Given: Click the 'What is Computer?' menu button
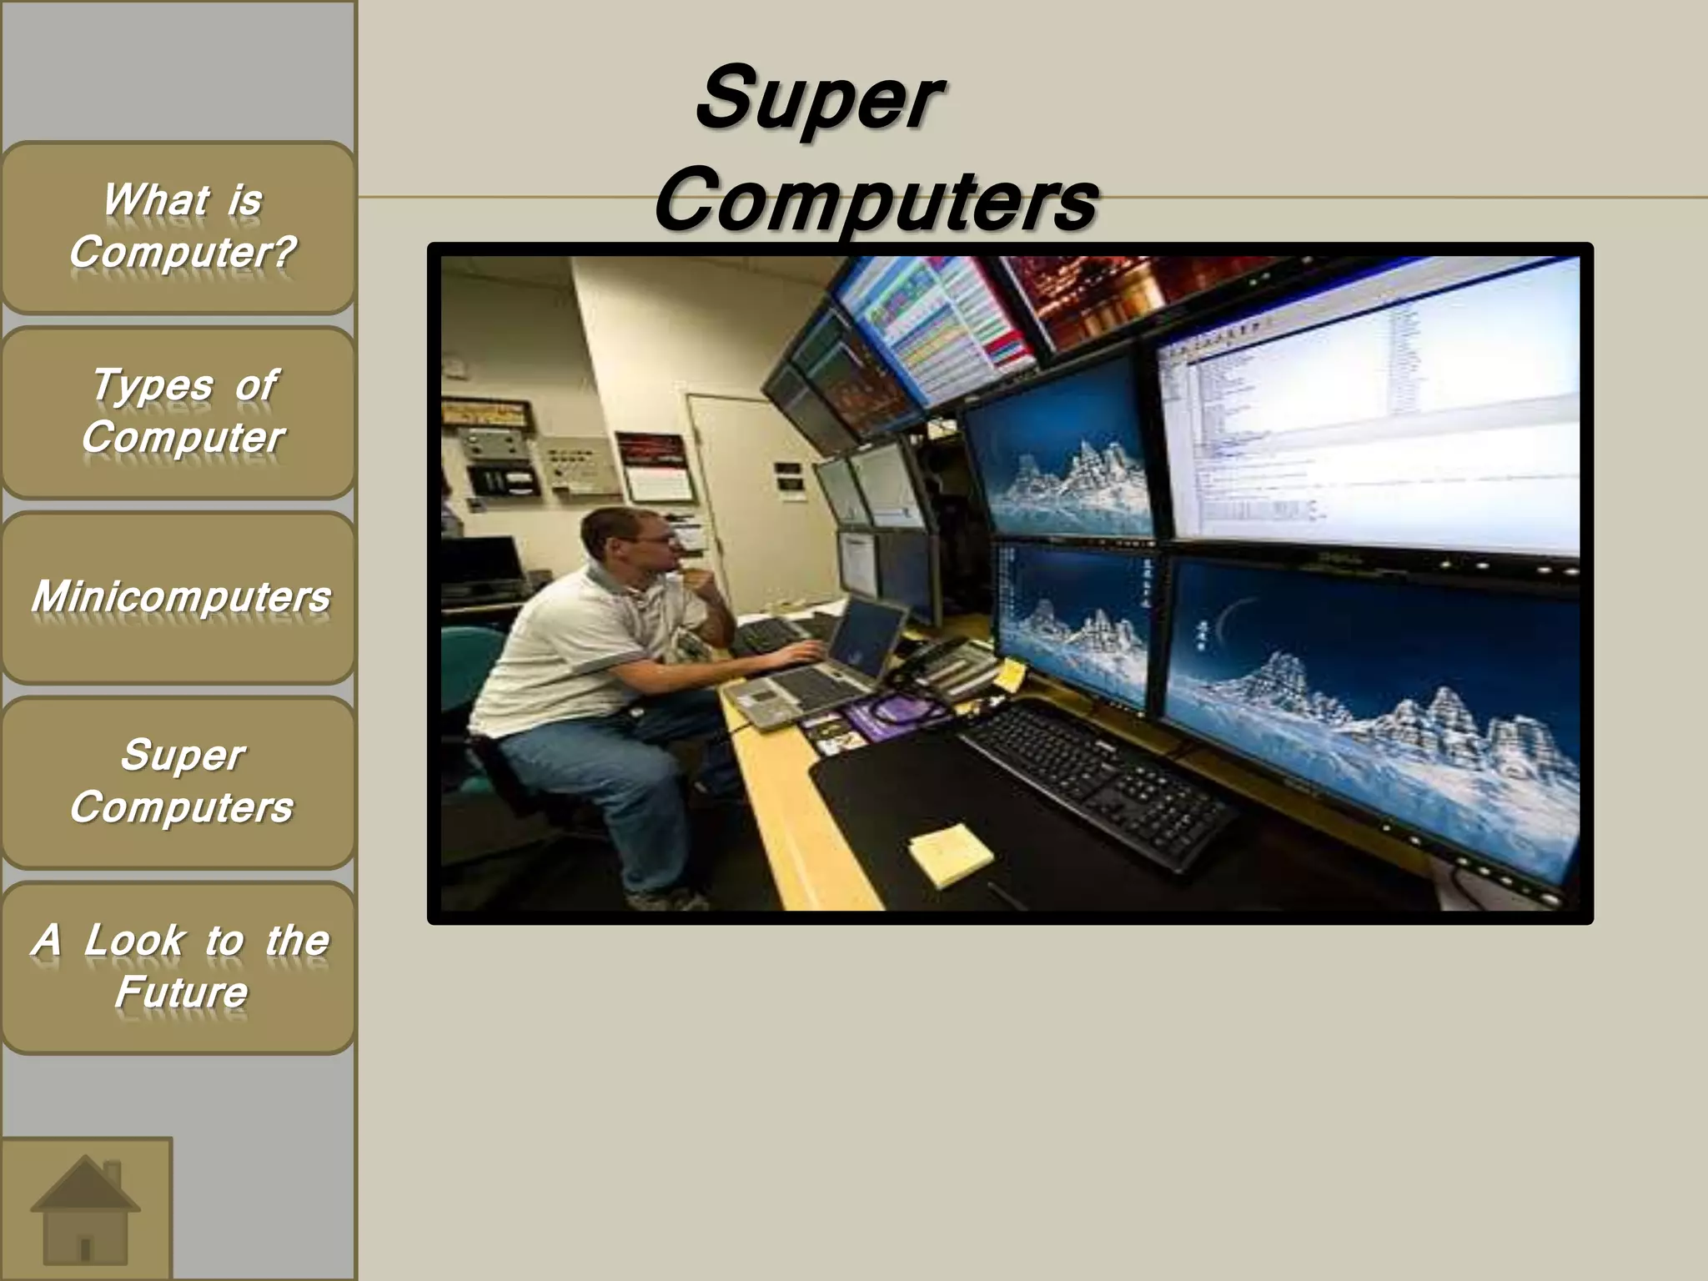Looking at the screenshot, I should [x=178, y=227].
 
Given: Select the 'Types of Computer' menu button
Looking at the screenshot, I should [x=178, y=412].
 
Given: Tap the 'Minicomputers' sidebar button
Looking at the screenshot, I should [x=178, y=597].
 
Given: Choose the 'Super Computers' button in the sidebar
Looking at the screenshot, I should [x=178, y=782].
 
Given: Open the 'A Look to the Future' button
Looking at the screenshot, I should [x=178, y=967].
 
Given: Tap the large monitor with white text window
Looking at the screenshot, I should [x=1368, y=434].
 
